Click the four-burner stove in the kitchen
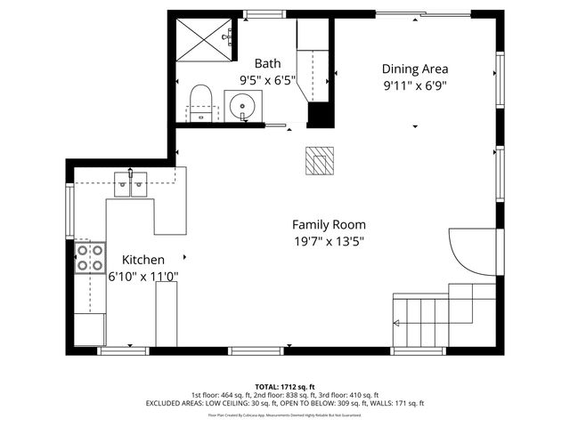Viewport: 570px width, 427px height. click(89, 258)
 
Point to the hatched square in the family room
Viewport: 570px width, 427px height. click(317, 161)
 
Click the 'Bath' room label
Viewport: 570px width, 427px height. click(267, 63)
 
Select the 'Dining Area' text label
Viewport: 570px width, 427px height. click(414, 68)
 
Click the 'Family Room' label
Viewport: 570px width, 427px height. click(329, 225)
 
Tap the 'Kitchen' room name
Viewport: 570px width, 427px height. click(142, 260)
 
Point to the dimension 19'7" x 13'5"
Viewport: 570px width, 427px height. click(329, 241)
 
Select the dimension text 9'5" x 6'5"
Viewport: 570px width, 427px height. click(267, 80)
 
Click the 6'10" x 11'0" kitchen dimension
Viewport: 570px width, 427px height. click(142, 277)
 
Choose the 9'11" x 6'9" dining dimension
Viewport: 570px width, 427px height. click(414, 85)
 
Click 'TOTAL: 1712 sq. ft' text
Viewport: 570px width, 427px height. click(284, 386)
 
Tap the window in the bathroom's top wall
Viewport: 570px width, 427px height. click(260, 13)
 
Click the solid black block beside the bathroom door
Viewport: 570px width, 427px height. click(318, 116)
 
